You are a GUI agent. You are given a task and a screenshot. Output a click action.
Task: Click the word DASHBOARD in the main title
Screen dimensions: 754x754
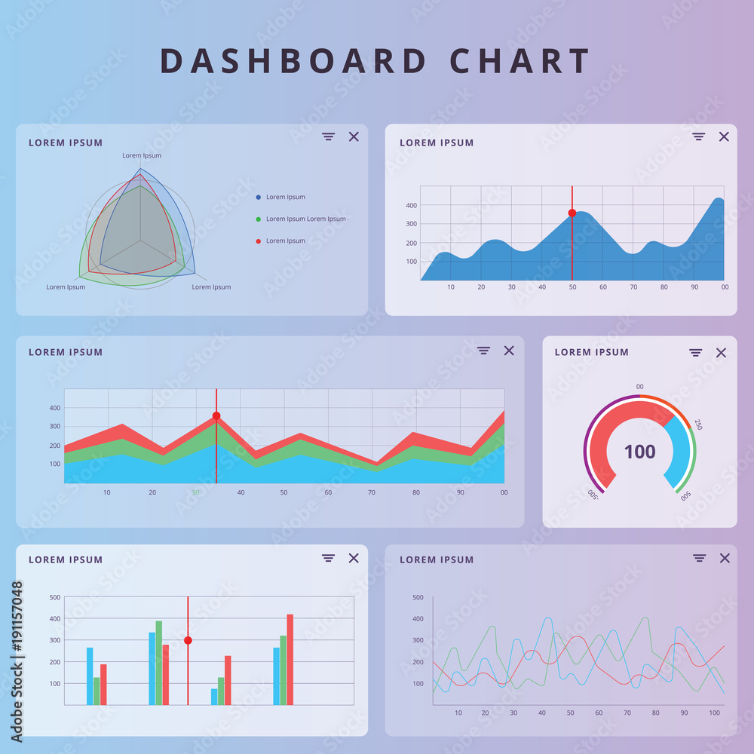(x=293, y=61)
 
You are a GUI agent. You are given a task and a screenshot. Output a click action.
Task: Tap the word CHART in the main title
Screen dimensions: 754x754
(x=520, y=61)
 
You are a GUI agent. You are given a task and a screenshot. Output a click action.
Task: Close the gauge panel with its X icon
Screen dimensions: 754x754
(x=721, y=353)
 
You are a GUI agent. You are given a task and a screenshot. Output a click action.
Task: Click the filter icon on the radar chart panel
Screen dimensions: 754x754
(x=328, y=136)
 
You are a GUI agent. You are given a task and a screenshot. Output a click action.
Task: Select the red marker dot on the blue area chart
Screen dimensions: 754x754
(x=572, y=213)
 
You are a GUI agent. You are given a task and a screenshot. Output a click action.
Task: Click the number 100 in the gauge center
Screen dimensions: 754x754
(x=639, y=452)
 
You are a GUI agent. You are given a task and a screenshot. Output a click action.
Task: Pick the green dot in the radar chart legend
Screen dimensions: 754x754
(x=259, y=219)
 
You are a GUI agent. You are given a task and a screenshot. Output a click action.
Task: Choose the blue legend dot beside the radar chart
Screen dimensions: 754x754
(x=259, y=198)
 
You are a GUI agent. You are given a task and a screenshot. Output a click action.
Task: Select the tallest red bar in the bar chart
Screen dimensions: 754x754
(x=290, y=659)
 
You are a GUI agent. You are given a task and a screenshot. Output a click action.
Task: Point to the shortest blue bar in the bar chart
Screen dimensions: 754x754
(x=214, y=697)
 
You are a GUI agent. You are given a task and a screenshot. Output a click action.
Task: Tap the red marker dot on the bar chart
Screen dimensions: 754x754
(x=188, y=640)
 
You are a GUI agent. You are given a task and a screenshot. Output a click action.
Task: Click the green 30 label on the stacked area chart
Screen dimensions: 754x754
(x=195, y=492)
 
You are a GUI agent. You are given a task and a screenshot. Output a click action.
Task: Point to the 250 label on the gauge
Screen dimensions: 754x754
(x=698, y=424)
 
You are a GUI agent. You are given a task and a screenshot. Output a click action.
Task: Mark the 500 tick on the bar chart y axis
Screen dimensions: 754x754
(x=55, y=597)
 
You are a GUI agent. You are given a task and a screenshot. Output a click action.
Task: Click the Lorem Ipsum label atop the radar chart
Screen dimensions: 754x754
(x=142, y=155)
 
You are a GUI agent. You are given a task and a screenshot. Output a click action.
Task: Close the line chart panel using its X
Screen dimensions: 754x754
(x=725, y=558)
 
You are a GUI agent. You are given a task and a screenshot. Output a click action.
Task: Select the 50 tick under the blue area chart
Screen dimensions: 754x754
(x=572, y=287)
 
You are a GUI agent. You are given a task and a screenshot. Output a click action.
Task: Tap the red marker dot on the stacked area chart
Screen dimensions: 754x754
(x=216, y=416)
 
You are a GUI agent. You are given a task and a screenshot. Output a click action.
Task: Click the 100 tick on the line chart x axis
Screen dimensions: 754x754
(x=715, y=713)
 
